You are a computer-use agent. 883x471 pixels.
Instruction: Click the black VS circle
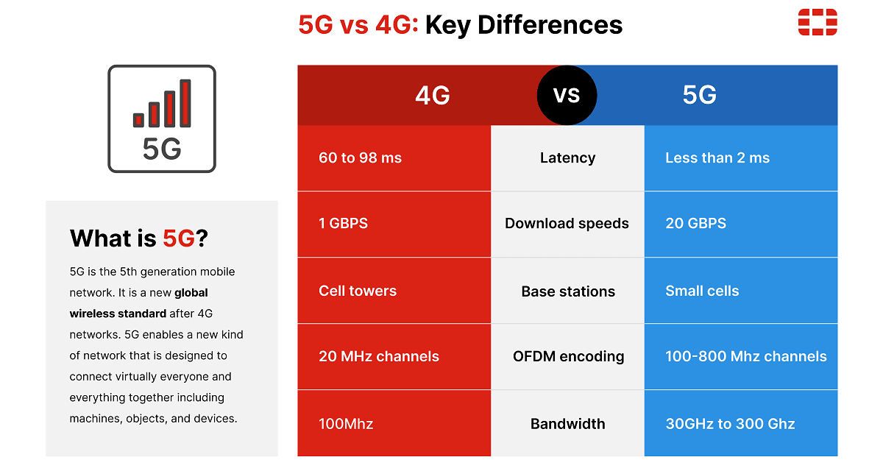click(567, 95)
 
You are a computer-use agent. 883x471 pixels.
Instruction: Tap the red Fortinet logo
click(818, 22)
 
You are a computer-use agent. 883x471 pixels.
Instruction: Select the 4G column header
click(433, 95)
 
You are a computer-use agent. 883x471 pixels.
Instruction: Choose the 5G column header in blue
click(699, 95)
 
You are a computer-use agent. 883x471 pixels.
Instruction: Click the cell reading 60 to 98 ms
click(360, 157)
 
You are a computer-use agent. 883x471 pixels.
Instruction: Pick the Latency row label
click(567, 157)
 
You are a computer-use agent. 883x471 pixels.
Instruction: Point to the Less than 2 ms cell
click(717, 157)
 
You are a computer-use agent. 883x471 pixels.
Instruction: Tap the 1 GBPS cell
click(343, 224)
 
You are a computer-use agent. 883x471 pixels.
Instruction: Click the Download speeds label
click(567, 224)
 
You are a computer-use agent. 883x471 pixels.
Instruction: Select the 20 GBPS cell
click(695, 224)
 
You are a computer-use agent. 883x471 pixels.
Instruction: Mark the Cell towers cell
click(358, 291)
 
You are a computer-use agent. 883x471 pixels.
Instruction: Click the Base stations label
click(568, 291)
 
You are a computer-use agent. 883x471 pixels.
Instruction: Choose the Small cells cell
click(702, 291)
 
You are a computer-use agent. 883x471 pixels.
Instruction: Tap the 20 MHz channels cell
click(378, 357)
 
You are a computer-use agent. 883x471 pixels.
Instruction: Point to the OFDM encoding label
click(568, 357)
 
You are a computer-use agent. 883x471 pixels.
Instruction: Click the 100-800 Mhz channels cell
click(745, 357)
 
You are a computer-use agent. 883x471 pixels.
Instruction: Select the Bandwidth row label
click(567, 424)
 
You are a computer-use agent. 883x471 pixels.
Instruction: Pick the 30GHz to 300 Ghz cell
click(730, 424)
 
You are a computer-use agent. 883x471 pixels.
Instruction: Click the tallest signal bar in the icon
click(185, 103)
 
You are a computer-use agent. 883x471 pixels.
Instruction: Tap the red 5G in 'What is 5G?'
click(180, 238)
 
